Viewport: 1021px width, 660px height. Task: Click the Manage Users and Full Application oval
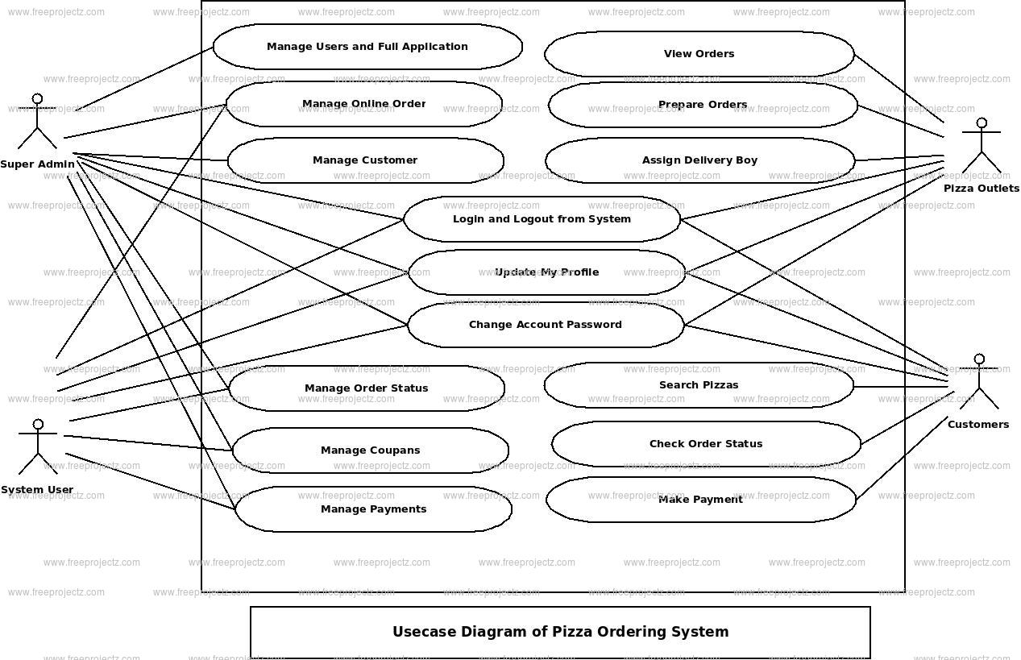[x=367, y=47]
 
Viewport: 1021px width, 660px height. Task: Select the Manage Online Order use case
[x=363, y=104]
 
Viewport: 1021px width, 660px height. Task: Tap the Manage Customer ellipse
[x=365, y=160]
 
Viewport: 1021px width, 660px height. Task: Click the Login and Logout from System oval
[x=542, y=219]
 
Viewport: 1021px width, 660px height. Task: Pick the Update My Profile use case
[x=546, y=272]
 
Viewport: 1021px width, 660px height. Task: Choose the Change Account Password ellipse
[x=546, y=325]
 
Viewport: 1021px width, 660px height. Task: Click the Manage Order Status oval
[x=367, y=388]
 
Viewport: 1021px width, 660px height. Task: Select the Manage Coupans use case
[x=370, y=450]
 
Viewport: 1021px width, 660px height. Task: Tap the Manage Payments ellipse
[x=373, y=509]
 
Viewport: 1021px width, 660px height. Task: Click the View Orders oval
[x=699, y=54]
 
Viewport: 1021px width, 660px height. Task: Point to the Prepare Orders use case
[x=703, y=105]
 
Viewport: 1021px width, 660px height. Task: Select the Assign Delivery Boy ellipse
[x=699, y=160]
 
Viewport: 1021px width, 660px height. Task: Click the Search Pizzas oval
[x=699, y=385]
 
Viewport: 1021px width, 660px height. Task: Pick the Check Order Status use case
[x=706, y=444]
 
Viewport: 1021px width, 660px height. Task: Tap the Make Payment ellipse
[x=700, y=500]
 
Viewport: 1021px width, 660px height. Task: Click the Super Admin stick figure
[x=37, y=122]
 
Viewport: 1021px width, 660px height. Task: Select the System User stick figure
[x=38, y=447]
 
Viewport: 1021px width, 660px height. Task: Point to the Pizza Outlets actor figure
[x=981, y=147]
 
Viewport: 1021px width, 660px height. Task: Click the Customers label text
[x=977, y=425]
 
